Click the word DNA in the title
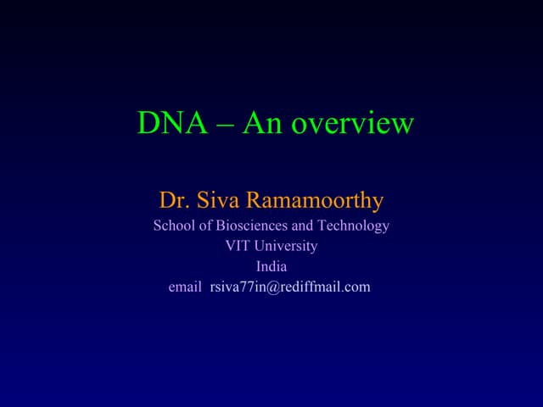[172, 124]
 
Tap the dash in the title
[225, 125]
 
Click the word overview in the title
[352, 125]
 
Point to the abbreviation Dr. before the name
[172, 201]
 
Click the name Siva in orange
[217, 201]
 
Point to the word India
[271, 266]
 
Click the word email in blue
[185, 287]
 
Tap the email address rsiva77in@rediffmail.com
[290, 287]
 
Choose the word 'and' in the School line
[301, 226]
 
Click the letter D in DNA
[148, 124]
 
